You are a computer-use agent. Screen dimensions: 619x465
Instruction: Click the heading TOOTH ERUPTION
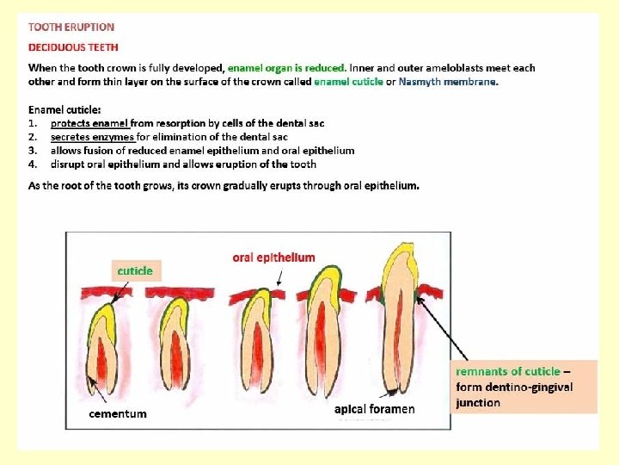tap(71, 28)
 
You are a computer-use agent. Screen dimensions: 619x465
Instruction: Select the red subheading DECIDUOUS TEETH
tap(73, 47)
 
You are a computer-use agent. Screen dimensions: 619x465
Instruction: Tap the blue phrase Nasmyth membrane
tap(447, 82)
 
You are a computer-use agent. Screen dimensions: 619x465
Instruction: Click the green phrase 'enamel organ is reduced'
tap(287, 67)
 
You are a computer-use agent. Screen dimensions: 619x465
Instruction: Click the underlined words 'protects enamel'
tap(89, 123)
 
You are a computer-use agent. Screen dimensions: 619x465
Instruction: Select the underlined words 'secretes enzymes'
tap(92, 136)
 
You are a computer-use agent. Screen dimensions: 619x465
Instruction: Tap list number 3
tap(33, 150)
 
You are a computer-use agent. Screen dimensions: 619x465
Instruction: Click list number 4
tap(33, 164)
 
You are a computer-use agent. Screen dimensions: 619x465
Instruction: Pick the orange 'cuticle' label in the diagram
tap(135, 270)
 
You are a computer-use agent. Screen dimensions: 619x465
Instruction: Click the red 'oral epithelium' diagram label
tap(273, 257)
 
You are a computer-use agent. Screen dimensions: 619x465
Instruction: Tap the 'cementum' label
tap(118, 413)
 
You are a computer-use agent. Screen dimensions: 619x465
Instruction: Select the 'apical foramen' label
tap(374, 409)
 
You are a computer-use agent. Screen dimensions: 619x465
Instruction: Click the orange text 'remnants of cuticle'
tap(507, 371)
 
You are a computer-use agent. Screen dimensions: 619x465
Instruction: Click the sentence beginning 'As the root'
tap(224, 186)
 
